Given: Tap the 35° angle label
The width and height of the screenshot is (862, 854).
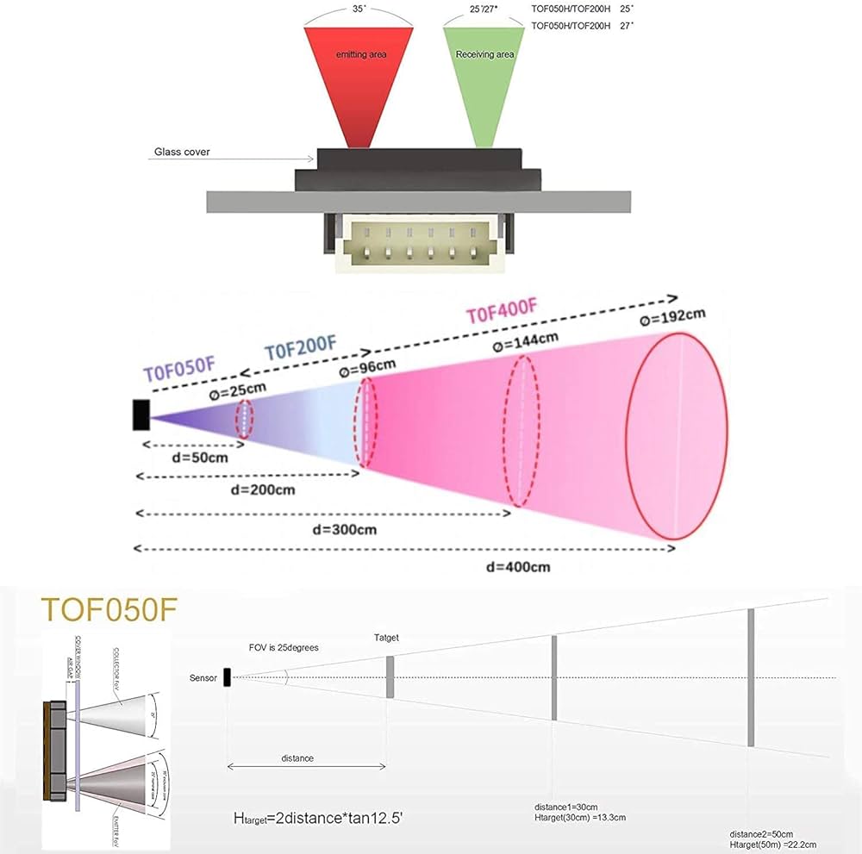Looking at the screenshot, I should (359, 8).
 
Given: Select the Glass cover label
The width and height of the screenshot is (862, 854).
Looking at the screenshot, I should (182, 152).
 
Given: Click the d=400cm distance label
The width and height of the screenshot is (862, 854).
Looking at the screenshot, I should (516, 566).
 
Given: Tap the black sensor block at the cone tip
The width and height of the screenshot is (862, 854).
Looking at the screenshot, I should (141, 415).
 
